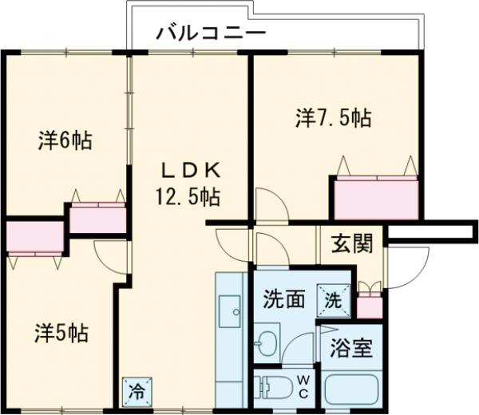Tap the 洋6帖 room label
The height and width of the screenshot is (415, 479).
[65, 141]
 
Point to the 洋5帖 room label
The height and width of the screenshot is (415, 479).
[61, 331]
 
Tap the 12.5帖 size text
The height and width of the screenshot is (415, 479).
[188, 195]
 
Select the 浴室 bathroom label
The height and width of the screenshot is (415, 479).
[352, 350]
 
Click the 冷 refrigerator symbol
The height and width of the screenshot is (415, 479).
[137, 391]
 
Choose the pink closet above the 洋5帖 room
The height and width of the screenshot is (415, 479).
[35, 237]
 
